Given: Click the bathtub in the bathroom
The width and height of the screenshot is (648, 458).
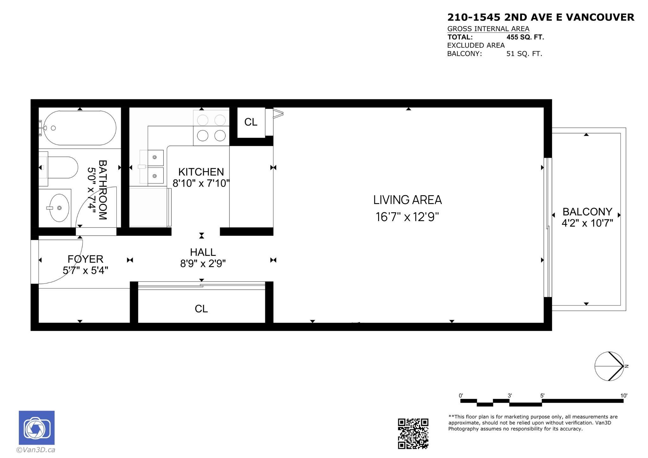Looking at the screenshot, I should (80, 128).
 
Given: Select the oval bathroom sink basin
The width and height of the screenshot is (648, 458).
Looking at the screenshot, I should (59, 208).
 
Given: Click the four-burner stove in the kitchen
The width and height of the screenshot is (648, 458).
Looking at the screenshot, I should (211, 128).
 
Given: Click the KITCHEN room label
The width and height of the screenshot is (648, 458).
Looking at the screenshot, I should (201, 172).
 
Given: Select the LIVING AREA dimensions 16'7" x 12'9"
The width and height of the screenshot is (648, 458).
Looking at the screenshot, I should (407, 217).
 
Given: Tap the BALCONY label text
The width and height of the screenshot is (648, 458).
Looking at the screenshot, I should (587, 211).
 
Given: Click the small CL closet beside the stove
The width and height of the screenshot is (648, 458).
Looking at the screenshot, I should (251, 122).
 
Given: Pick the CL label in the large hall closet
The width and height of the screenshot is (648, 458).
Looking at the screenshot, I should (201, 309).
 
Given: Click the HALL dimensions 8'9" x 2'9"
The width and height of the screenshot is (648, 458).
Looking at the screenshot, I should (203, 263).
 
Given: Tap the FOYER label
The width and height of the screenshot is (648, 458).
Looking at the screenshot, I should (85, 259).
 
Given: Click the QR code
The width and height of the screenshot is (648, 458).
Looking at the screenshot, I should (413, 433).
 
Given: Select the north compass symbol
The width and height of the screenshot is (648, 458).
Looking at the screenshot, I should (609, 366).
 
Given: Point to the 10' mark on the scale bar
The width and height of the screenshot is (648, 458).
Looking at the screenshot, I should (623, 396).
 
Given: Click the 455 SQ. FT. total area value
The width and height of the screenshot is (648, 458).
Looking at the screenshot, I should (525, 37).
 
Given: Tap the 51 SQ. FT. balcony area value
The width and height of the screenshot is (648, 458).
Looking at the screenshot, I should (524, 54).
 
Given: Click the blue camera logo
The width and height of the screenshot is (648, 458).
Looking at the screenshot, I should (37, 428).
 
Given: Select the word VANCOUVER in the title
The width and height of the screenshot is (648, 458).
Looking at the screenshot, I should (600, 17).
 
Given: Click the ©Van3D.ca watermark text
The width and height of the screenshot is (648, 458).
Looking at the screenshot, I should (36, 450).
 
